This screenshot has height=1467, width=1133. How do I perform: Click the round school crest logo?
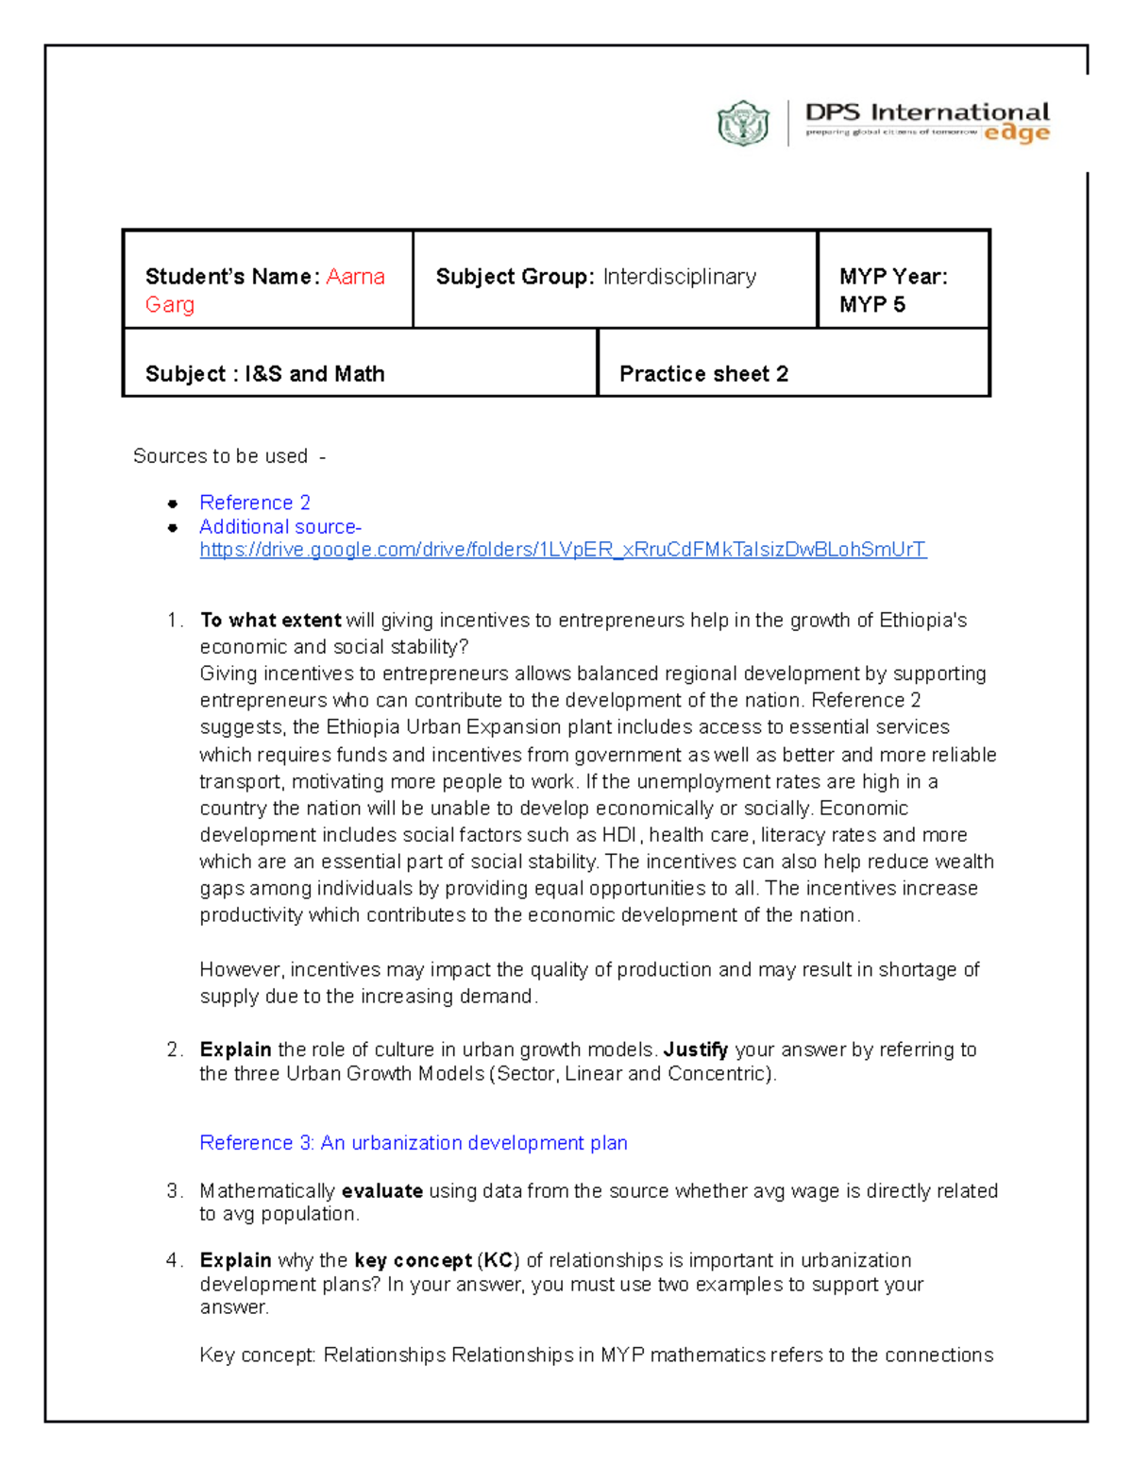(x=743, y=123)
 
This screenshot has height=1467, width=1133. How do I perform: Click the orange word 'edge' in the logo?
(x=1017, y=133)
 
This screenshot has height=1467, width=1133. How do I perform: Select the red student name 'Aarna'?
(x=355, y=277)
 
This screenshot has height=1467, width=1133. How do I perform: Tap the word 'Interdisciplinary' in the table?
(x=679, y=277)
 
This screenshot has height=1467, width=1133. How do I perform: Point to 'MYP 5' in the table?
(x=871, y=304)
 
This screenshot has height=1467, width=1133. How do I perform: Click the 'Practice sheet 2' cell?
(x=703, y=374)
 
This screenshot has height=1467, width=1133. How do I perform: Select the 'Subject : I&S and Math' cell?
(x=265, y=374)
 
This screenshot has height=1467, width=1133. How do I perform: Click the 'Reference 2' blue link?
(x=254, y=503)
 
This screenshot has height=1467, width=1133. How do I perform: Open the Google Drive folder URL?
(x=563, y=550)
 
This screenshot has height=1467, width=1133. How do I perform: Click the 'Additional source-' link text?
(x=279, y=527)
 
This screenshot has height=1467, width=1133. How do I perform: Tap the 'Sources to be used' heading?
(x=220, y=456)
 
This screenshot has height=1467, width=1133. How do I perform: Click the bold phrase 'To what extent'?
(x=270, y=621)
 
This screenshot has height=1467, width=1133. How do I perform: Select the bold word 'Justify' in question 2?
(x=695, y=1049)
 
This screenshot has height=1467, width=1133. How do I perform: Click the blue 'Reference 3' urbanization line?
(x=413, y=1143)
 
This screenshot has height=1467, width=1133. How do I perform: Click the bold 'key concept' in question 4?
(x=413, y=1261)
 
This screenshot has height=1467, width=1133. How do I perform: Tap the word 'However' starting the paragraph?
(x=241, y=970)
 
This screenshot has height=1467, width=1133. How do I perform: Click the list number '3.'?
(x=174, y=1191)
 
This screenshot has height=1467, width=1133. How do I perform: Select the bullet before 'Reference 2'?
(x=173, y=503)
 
